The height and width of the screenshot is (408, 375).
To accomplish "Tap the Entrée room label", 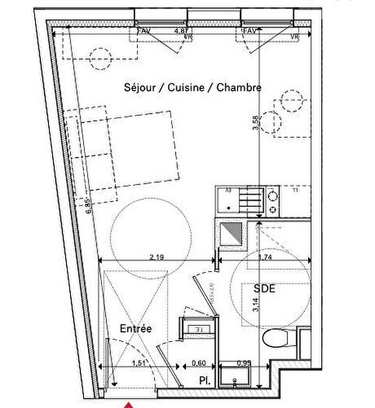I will coord(136,329).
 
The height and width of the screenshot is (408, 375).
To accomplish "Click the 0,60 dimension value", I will coord(200,362).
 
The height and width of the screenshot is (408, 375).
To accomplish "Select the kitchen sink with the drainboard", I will coord(237,201).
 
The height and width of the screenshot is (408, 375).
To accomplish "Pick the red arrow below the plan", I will coord(126,403).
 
